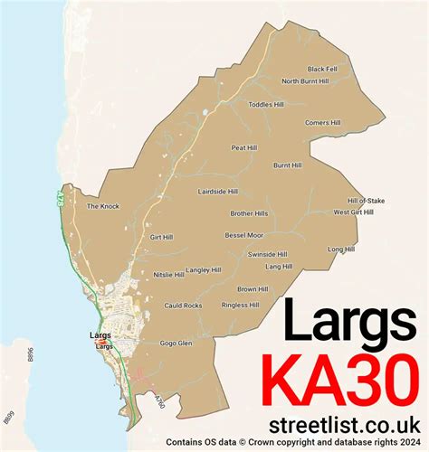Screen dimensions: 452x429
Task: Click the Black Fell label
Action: tap(321, 69)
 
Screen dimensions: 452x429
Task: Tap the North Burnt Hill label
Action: tap(305, 81)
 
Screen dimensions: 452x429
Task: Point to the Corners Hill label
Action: tap(323, 122)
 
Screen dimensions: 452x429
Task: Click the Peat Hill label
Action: tap(244, 146)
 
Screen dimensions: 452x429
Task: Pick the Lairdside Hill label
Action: tap(218, 192)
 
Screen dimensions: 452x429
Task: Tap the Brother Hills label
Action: tap(249, 213)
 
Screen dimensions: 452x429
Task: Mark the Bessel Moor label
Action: tap(243, 235)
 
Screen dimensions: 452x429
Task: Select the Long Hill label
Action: tap(341, 249)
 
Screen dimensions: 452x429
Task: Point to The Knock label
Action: tap(102, 206)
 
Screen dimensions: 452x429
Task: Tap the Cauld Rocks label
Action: tap(183, 306)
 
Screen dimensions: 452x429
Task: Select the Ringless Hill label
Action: tap(241, 306)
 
